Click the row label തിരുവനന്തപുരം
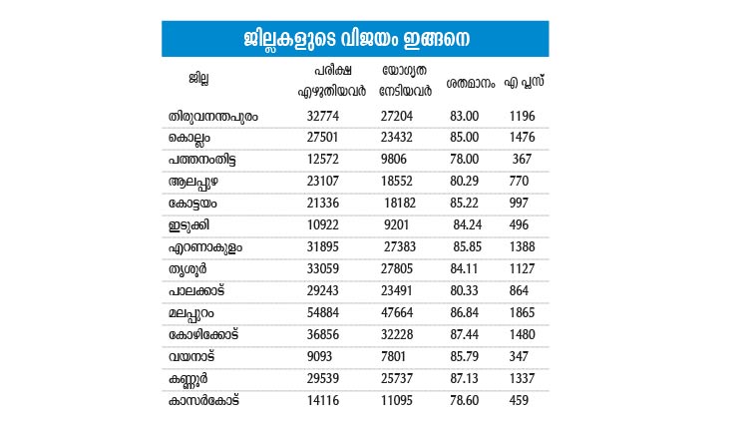214,116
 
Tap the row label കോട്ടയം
195,202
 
